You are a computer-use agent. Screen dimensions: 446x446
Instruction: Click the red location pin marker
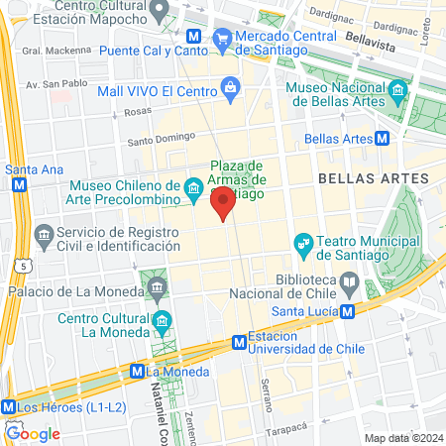(223, 206)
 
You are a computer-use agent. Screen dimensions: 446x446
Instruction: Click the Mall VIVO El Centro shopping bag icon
(231, 88)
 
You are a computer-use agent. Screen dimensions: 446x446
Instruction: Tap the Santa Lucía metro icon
(348, 310)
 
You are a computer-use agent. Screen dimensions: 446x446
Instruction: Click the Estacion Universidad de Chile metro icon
(239, 342)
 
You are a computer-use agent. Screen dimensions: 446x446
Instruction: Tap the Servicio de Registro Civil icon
(43, 236)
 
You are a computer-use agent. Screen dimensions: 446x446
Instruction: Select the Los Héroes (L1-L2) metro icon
(8, 406)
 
